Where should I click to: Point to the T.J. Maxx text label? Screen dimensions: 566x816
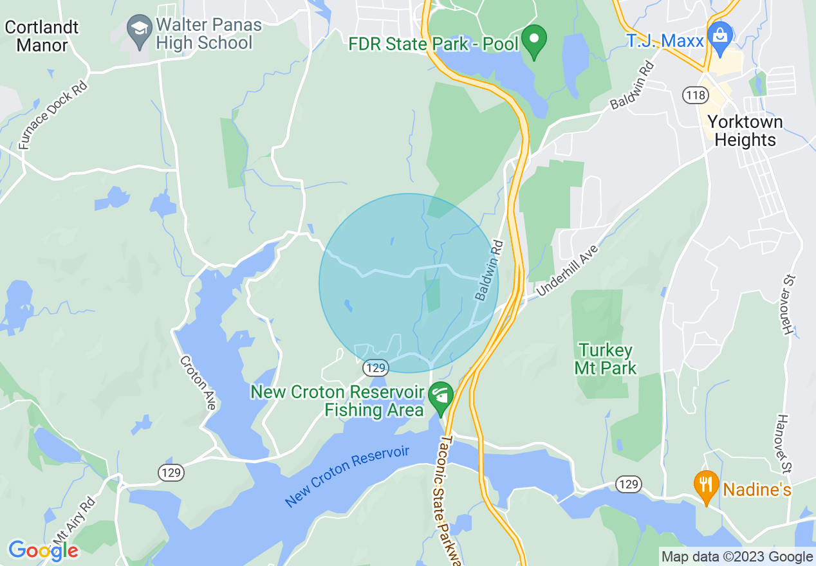665,41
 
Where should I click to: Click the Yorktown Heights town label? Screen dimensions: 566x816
745,131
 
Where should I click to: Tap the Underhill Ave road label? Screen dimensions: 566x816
567,271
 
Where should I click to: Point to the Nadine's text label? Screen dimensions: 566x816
757,489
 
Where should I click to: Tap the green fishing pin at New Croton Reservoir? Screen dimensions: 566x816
441,397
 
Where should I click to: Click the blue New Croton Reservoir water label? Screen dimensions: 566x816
347,476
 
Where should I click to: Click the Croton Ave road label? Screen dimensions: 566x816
198,383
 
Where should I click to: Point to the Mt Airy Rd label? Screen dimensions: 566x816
71,521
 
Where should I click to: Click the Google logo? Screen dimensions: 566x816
43,550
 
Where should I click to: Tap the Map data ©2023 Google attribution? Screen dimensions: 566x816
737,557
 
